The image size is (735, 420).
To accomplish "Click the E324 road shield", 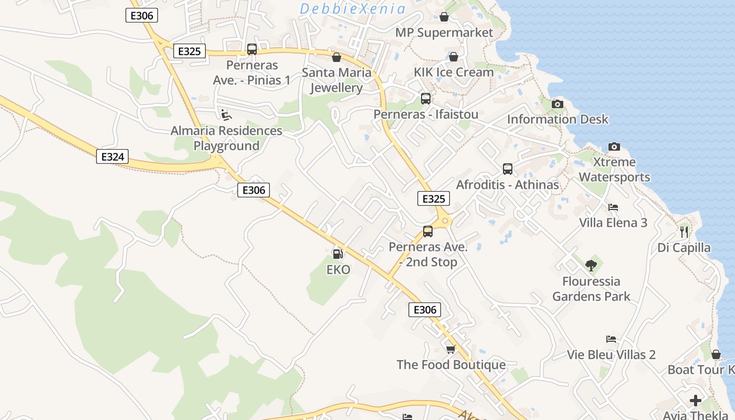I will (x=112, y=156).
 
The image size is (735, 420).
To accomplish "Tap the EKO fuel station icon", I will (x=338, y=254).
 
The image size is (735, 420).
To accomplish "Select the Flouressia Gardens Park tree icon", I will (x=591, y=265).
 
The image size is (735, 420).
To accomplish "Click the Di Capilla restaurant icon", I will (x=684, y=231).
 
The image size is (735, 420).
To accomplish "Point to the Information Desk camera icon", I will (x=558, y=104).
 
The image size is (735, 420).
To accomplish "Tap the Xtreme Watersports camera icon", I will (x=614, y=146).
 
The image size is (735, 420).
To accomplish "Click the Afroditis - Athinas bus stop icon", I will (x=507, y=169).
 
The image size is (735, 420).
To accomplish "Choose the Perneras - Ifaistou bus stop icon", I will (x=425, y=98).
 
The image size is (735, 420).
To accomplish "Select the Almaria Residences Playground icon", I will (x=226, y=115).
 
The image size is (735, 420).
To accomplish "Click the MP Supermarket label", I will (x=444, y=33).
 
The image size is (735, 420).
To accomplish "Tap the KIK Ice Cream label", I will (x=454, y=72).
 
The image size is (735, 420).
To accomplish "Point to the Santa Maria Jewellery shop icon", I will (x=336, y=57).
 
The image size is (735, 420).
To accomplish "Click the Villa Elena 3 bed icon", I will (x=613, y=207).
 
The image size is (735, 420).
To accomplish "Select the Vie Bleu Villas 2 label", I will (x=611, y=355).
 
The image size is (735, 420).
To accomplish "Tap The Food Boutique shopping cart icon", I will (x=450, y=349).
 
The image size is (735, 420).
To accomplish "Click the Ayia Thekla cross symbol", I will (x=696, y=401).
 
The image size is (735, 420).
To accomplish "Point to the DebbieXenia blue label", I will (x=353, y=9).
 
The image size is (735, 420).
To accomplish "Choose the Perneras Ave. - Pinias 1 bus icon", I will (x=252, y=49).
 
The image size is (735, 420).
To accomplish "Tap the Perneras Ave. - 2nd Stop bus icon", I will (x=428, y=232).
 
